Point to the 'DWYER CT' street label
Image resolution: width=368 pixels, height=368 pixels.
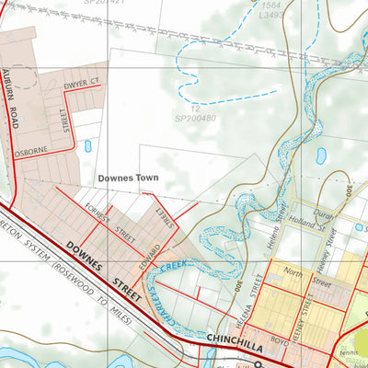click(80, 86)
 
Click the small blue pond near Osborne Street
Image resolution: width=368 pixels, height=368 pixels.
click(87, 145)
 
